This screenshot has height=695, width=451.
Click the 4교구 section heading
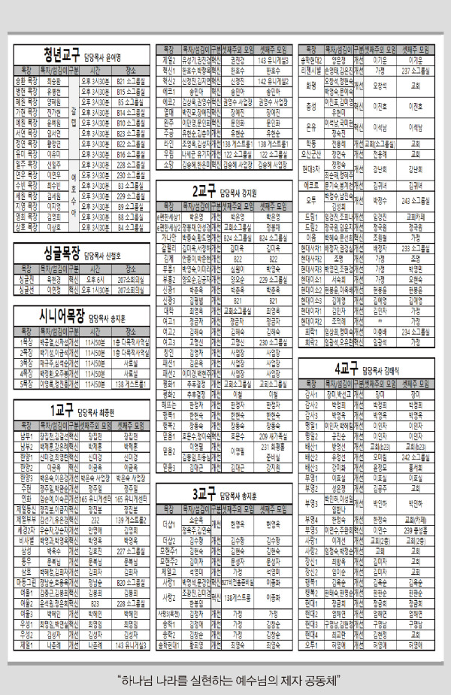click(347, 369)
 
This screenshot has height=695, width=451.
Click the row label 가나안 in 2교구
click(168, 237)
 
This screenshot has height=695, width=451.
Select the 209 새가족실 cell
click(274, 435)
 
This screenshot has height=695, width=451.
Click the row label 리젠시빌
click(310, 71)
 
